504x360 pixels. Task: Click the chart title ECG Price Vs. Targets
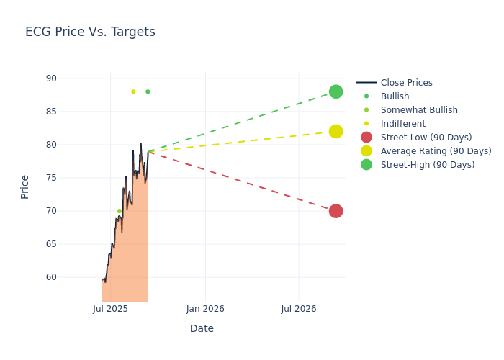[x=90, y=32]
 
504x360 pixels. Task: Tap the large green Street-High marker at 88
[x=336, y=91]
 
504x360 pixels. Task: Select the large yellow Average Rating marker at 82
[x=336, y=131]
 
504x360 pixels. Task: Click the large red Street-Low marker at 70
[x=336, y=211]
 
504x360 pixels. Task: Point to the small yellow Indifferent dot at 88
[x=133, y=91]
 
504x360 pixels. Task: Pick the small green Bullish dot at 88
[x=148, y=91]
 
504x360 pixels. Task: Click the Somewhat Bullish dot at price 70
[x=120, y=211]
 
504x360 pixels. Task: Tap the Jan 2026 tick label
[x=205, y=309]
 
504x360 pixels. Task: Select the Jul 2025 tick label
[x=111, y=309]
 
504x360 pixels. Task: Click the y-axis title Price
[x=25, y=186]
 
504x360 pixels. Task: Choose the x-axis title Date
[x=202, y=328]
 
